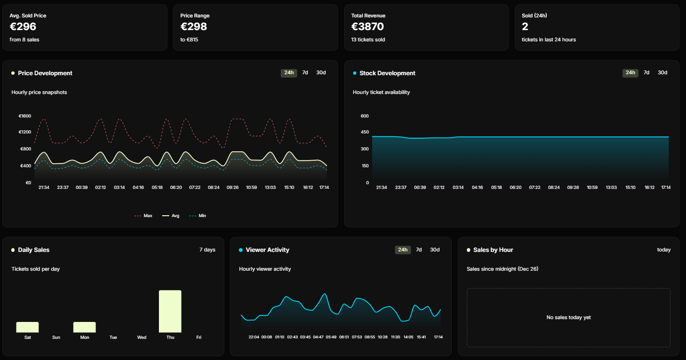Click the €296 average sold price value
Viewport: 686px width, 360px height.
23,27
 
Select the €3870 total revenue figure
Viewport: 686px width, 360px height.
367,27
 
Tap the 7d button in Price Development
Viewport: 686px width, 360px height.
305,73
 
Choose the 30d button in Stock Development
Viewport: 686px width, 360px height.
662,73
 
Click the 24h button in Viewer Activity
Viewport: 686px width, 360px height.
402,250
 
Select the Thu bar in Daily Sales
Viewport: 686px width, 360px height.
170,311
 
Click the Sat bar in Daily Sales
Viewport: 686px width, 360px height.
27,327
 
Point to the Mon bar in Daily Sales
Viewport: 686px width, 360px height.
85,327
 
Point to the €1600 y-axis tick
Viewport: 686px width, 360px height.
24,116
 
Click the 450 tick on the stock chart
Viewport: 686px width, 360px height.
364,132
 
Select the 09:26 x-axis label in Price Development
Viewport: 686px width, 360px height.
233,188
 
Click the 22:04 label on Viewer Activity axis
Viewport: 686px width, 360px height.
254,337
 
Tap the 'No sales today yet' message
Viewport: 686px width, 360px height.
568,318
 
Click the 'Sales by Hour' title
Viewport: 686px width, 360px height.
493,250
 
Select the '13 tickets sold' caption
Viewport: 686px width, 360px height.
368,40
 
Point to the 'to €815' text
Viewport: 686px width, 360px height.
189,40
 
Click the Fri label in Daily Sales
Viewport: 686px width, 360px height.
199,337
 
